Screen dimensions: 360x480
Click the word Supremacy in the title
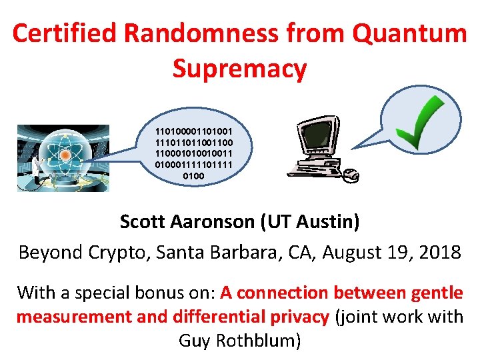(240, 68)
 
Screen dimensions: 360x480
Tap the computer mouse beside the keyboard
(350, 175)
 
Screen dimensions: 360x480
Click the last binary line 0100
(193, 177)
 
